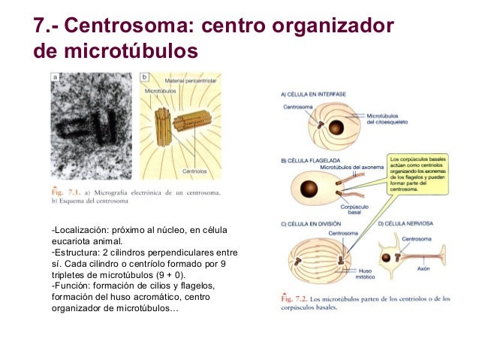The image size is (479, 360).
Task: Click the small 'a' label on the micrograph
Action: pyautogui.click(x=55, y=77)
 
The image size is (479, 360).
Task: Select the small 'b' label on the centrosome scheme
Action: pyautogui.click(x=144, y=77)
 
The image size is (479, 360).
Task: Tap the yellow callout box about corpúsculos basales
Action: pyautogui.click(x=420, y=175)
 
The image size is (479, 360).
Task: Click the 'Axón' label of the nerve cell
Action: pyautogui.click(x=424, y=268)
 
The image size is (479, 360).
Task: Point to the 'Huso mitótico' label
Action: pyautogui.click(x=366, y=274)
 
